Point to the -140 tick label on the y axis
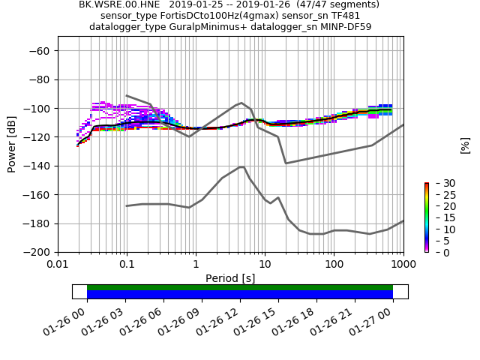[38, 166]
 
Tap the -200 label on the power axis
[38, 253]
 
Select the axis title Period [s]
[230, 278]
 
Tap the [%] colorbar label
[465, 145]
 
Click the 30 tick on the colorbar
[439, 183]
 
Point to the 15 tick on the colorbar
[439, 217]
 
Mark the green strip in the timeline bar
[240, 287]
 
